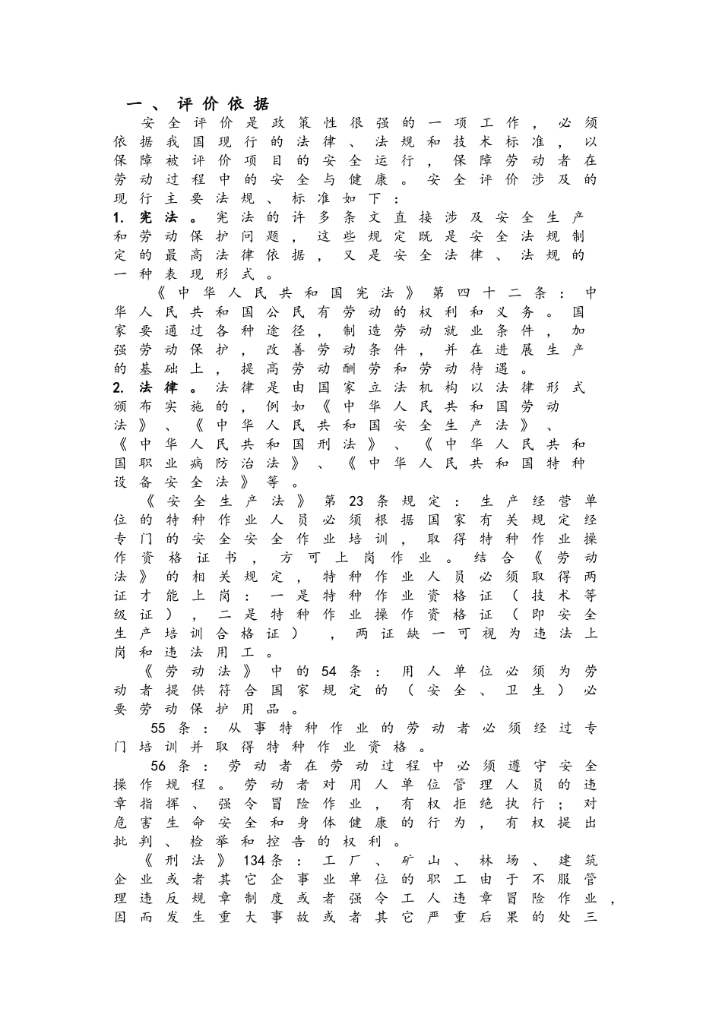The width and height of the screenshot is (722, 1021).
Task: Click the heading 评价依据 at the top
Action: tap(223, 104)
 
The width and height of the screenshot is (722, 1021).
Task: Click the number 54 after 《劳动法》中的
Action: tap(328, 672)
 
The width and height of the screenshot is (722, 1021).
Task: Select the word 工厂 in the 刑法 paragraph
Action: tap(340, 861)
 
